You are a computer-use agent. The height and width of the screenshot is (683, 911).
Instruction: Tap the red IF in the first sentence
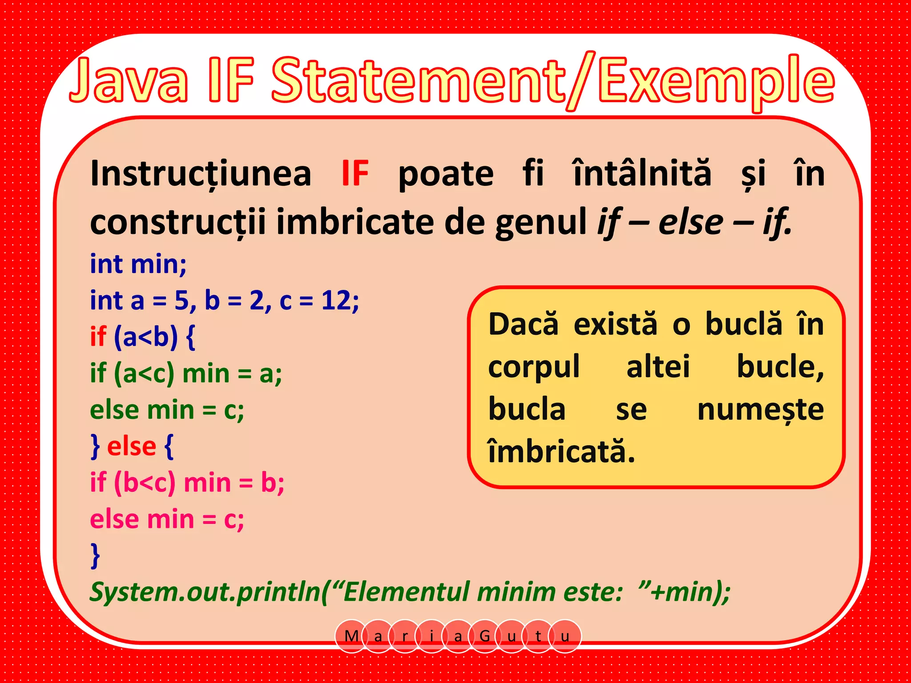(355, 173)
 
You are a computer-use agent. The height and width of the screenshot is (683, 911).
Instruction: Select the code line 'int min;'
(138, 264)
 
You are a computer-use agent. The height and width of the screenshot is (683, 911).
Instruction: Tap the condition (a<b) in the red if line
(145, 337)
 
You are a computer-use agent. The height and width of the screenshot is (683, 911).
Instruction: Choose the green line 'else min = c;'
(167, 410)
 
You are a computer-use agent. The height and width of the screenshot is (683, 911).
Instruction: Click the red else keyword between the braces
(132, 446)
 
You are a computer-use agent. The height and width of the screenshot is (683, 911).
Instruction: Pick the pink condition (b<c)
(145, 482)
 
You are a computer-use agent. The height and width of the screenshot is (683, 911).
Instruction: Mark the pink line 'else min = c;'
(167, 519)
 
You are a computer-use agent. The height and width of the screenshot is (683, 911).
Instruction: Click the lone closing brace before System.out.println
(95, 555)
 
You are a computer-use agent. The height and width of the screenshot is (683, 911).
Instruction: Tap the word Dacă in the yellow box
(523, 324)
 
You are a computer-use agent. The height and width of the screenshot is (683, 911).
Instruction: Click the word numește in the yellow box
(760, 410)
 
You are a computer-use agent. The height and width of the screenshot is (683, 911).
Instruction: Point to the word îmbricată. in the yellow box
(561, 451)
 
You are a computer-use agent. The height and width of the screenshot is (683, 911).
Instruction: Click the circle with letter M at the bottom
(351, 636)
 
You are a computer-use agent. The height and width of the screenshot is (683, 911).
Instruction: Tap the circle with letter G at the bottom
(484, 636)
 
